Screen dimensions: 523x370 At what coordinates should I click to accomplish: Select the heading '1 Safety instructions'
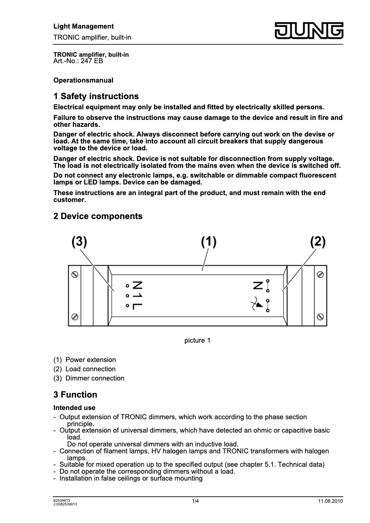96,96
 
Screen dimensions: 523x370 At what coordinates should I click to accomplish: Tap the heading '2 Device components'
98,216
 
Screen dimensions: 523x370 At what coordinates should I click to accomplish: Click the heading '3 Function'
75,395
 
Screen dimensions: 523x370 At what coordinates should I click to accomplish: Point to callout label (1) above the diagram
209,242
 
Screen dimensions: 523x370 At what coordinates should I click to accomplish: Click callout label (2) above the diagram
318,242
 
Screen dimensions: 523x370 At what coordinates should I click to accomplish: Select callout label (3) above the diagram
79,242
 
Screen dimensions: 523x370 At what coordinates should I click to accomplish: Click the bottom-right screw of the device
320,317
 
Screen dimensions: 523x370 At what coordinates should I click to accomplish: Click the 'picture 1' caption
197,341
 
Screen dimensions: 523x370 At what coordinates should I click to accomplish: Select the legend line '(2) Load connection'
84,369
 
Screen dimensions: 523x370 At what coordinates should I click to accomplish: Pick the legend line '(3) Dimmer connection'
89,378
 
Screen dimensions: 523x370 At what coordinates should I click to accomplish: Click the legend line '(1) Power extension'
84,360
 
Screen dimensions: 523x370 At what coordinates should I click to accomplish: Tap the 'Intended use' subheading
74,408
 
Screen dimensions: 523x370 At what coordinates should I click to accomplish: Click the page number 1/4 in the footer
196,501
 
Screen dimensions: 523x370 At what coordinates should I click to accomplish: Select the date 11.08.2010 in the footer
330,501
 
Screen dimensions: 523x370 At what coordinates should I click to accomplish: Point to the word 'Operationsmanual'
84,80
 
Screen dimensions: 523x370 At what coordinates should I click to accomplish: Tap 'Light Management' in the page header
84,26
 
